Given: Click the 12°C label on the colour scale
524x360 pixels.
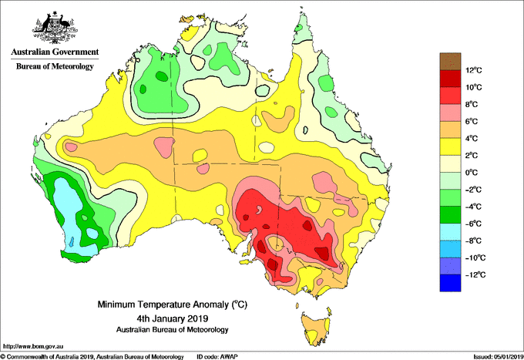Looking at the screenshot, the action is point(474,70).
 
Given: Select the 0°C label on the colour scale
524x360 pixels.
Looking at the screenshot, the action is point(472,173).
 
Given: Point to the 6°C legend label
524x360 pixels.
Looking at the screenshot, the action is point(472,121).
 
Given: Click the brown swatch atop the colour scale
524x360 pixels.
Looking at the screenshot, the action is point(450,61).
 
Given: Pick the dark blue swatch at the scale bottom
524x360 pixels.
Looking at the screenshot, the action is point(450,283).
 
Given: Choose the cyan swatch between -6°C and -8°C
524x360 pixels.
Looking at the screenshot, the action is point(450,232).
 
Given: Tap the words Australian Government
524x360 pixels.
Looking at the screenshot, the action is point(55,52).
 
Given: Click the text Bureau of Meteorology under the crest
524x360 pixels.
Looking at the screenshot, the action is point(55,66).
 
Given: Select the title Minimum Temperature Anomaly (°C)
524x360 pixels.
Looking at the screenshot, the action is point(173,304).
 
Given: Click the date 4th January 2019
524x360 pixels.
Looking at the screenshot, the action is point(173,318).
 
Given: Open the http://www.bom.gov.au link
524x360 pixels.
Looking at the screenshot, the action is point(33,346).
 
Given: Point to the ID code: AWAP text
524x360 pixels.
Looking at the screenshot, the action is point(217,357).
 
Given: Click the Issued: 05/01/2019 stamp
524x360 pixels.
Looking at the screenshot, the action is point(499,357).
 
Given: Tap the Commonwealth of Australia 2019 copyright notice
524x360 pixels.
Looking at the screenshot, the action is point(92,357).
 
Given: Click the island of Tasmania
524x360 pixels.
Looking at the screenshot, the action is point(316,329).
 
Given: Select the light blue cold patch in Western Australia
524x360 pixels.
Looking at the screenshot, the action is point(71,214).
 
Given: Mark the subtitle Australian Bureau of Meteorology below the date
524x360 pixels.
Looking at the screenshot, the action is point(173,330).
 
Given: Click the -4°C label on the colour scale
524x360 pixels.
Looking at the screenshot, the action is point(473,207).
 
